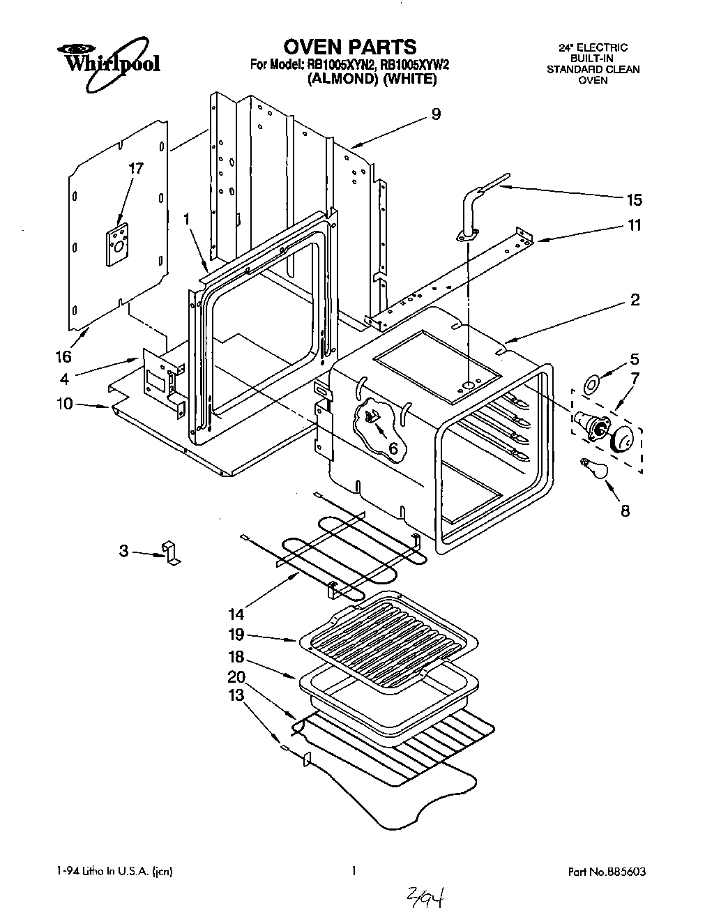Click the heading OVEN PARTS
point(349,47)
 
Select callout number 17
point(136,168)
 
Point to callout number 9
point(436,114)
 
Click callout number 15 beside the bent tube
point(633,200)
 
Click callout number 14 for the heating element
point(236,614)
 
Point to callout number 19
point(236,634)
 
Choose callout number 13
point(236,695)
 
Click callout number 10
point(65,404)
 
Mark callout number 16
point(63,356)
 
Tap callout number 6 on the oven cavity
point(393,449)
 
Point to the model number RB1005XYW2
point(414,65)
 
